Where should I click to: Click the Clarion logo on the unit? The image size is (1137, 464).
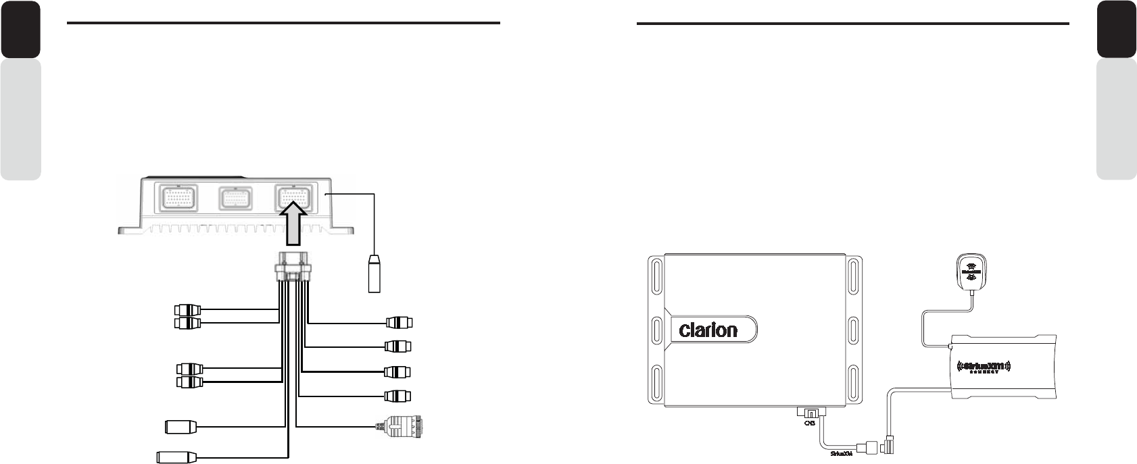[x=708, y=331]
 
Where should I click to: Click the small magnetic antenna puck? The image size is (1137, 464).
[x=971, y=269]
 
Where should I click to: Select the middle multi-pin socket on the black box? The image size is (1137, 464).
[x=237, y=199]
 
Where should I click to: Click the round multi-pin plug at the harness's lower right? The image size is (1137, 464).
[x=402, y=426]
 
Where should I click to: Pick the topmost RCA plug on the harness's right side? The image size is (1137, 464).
[x=398, y=322]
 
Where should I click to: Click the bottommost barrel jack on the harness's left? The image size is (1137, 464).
[x=176, y=457]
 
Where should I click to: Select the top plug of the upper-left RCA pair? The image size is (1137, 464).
[x=187, y=311]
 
